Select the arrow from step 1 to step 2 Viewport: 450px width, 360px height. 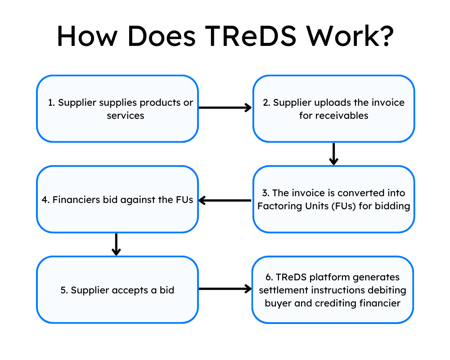[x=225, y=108]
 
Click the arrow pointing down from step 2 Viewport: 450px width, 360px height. [x=333, y=154]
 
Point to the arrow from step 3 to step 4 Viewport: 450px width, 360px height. [x=225, y=200]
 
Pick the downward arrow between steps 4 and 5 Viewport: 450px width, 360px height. [x=116, y=244]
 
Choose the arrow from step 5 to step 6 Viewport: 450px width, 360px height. [x=225, y=289]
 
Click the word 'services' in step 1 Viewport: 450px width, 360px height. [x=126, y=116]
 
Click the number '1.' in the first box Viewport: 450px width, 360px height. [x=52, y=103]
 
